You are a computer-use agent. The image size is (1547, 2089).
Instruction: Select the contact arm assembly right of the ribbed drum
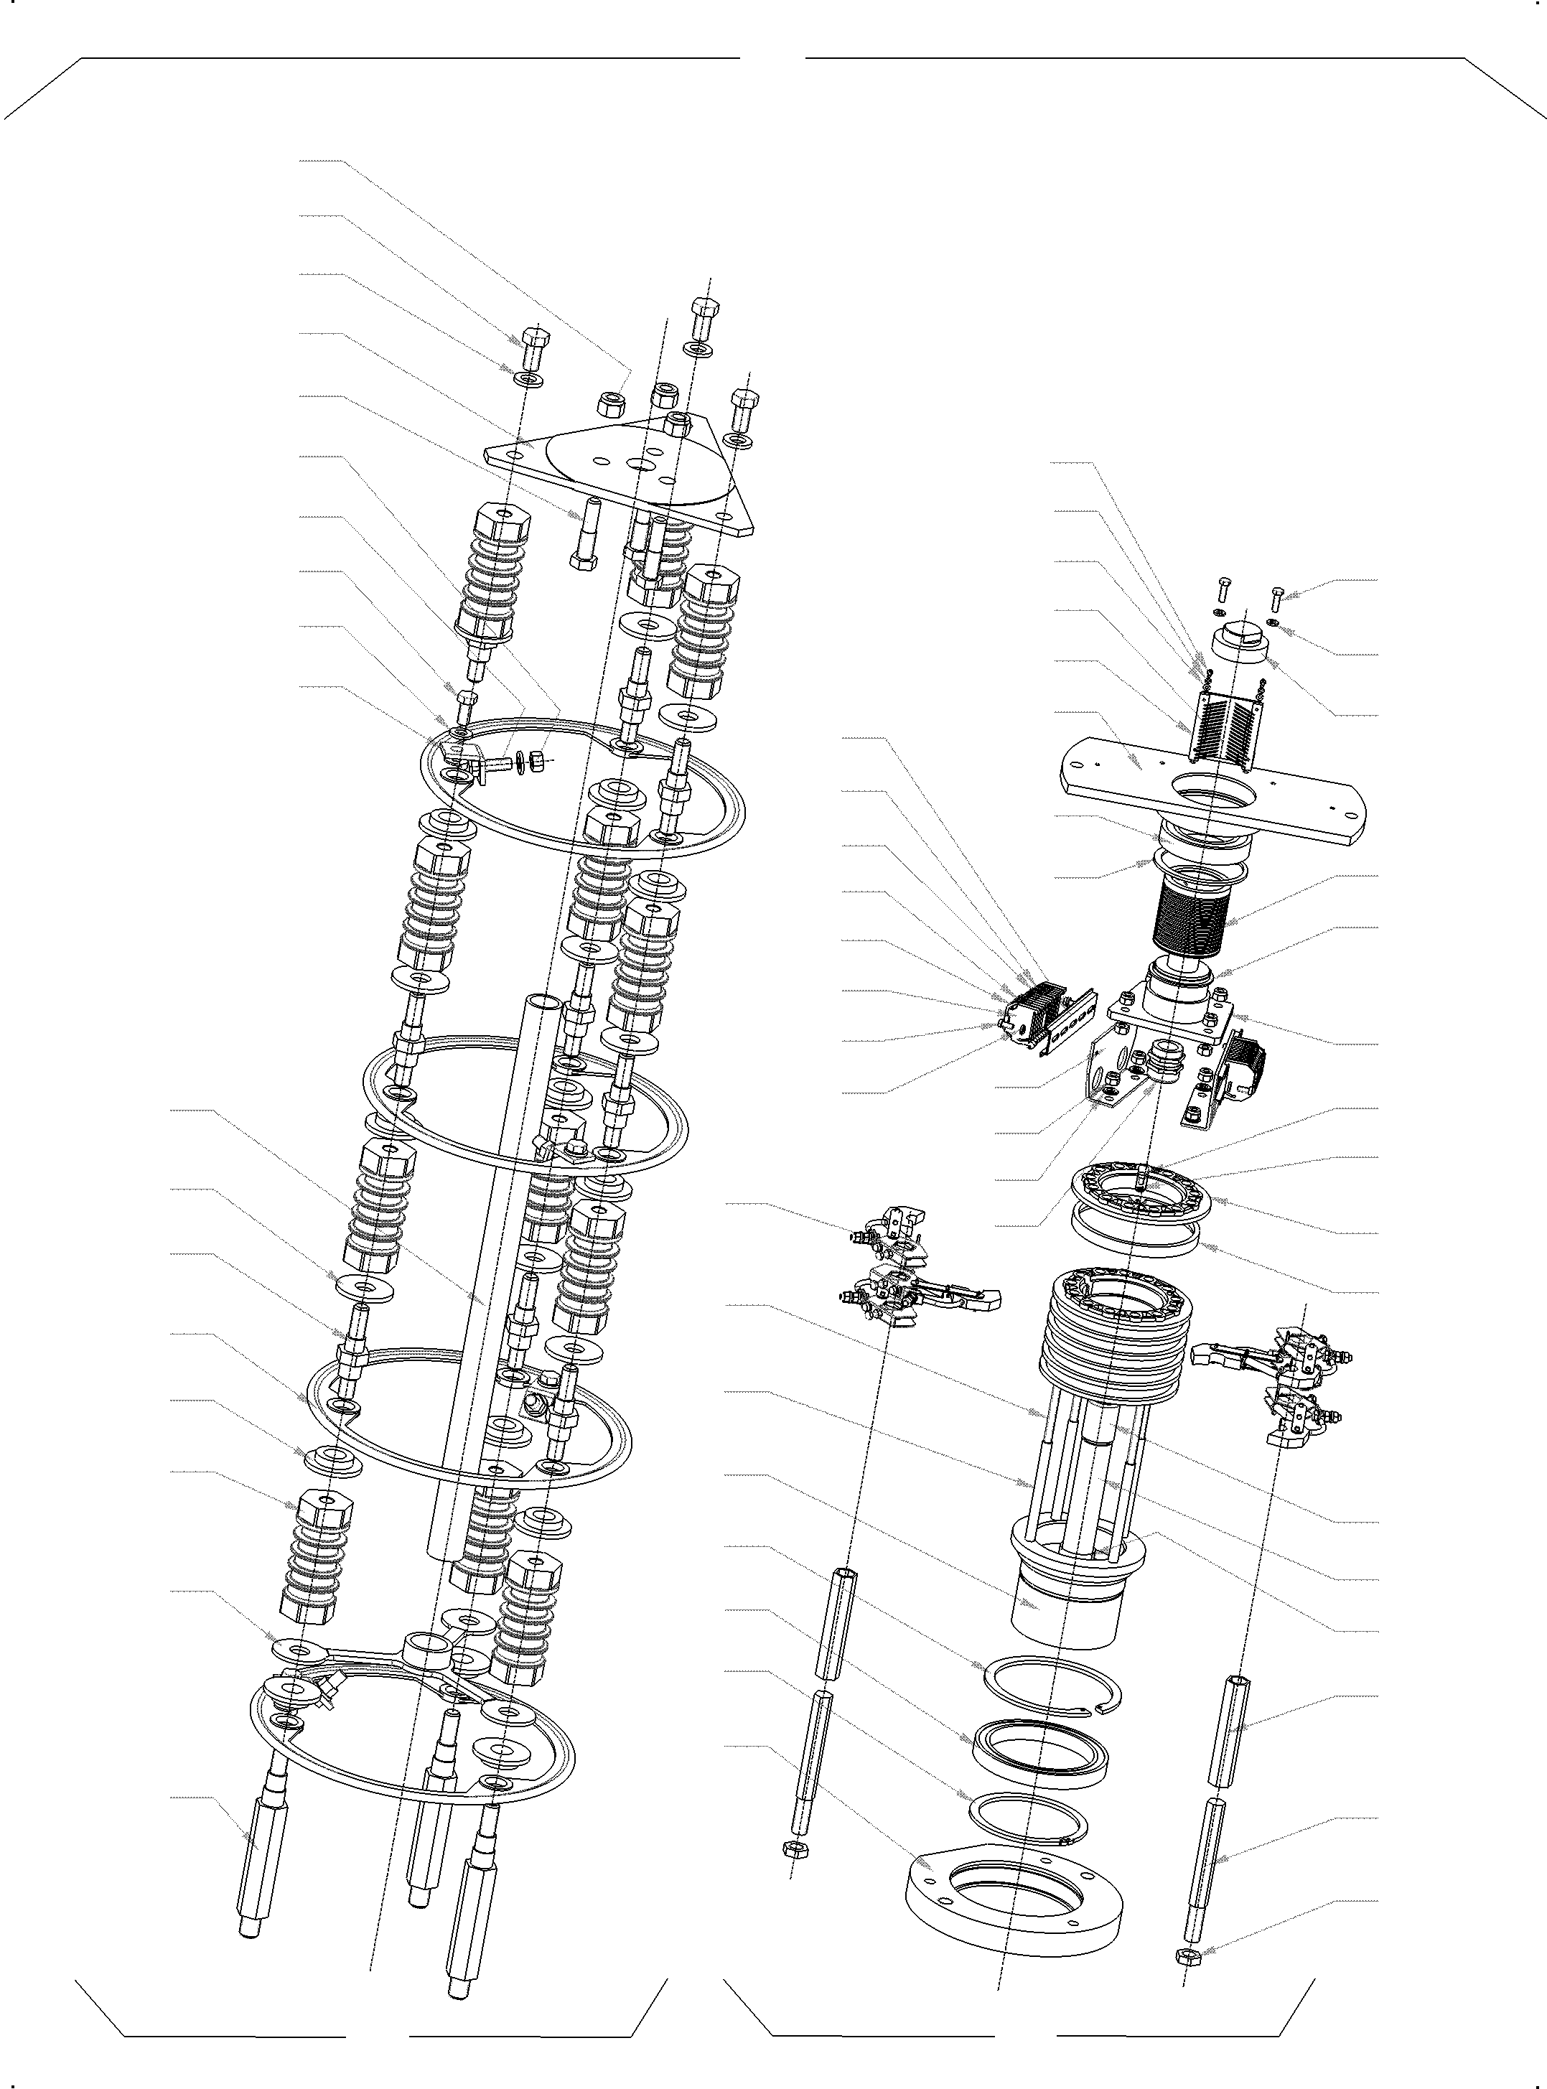click(1279, 1376)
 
